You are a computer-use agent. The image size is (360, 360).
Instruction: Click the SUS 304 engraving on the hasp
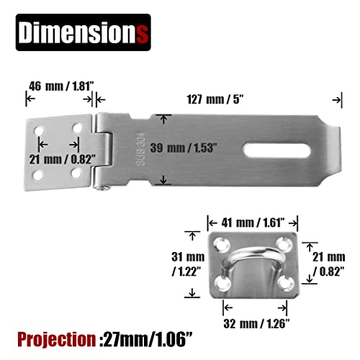pyautogui.click(x=141, y=148)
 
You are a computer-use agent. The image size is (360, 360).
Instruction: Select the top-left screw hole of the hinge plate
pyautogui.click(x=40, y=132)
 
